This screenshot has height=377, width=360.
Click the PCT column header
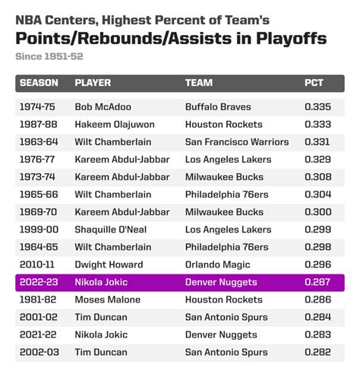(314, 83)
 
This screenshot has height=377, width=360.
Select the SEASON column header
(39, 83)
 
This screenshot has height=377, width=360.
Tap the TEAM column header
(199, 83)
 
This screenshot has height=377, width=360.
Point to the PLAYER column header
(93, 83)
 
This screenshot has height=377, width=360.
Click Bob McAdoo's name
(103, 107)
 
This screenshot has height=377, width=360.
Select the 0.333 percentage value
(317, 125)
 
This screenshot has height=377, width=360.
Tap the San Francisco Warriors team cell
(237, 142)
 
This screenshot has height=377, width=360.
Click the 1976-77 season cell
(37, 160)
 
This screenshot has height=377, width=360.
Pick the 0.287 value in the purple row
(317, 282)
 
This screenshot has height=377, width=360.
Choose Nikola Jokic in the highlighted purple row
(101, 282)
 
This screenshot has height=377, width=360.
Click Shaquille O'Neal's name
(111, 230)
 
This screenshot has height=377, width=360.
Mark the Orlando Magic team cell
(218, 265)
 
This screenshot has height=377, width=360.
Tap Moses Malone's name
(108, 299)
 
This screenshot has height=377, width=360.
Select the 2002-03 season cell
(39, 352)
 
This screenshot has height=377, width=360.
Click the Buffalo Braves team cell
(218, 107)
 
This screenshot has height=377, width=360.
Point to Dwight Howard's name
(109, 265)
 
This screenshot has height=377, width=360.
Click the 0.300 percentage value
(318, 212)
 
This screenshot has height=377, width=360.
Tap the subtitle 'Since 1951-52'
(49, 56)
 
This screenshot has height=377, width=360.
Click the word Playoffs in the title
(291, 39)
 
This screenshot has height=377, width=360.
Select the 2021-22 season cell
(38, 334)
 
